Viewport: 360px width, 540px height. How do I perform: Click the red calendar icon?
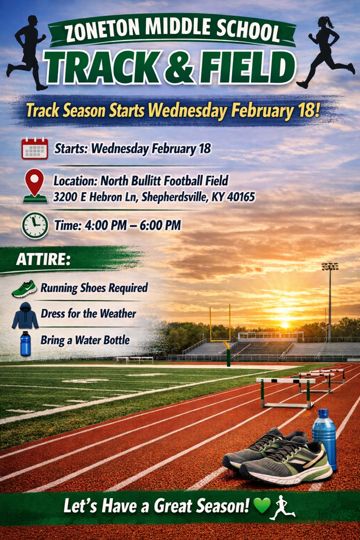(x=35, y=148)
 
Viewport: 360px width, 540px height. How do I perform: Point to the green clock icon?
(x=35, y=225)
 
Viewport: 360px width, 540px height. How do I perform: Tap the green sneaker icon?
(x=24, y=288)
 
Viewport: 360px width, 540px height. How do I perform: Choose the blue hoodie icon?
(x=25, y=316)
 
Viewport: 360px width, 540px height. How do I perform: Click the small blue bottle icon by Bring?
(x=25, y=343)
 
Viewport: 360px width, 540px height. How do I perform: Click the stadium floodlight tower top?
(x=330, y=266)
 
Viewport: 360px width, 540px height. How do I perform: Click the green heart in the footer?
(x=261, y=506)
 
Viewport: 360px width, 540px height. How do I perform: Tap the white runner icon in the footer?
(x=283, y=507)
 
